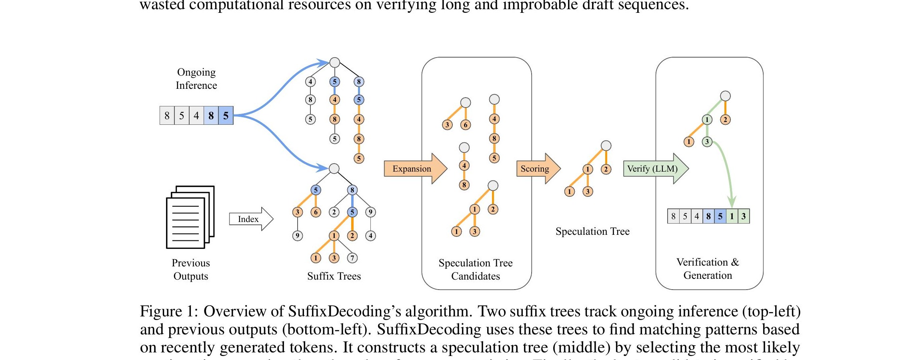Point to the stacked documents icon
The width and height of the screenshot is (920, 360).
[190, 217]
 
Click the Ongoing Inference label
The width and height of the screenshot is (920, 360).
[196, 79]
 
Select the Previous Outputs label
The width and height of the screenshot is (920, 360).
[191, 269]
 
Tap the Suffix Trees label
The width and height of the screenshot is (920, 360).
[334, 276]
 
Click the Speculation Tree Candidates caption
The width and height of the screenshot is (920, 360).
[475, 269]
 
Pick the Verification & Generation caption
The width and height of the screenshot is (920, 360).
[708, 268]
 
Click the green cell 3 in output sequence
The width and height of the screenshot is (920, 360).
[743, 216]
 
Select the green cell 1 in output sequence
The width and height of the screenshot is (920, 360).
[732, 216]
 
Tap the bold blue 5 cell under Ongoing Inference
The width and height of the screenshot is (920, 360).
[226, 116]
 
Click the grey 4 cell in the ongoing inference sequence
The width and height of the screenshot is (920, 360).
[196, 116]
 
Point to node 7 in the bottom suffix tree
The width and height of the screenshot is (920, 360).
[352, 258]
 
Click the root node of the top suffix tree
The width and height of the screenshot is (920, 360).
[334, 63]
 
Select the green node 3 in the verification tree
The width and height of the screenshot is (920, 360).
[707, 142]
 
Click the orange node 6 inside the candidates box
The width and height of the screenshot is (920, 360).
[465, 125]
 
